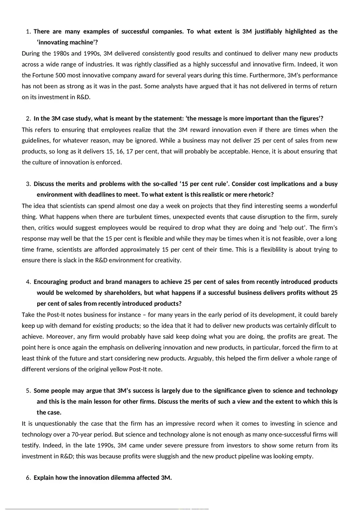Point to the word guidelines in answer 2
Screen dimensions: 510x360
pos(37,141)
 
